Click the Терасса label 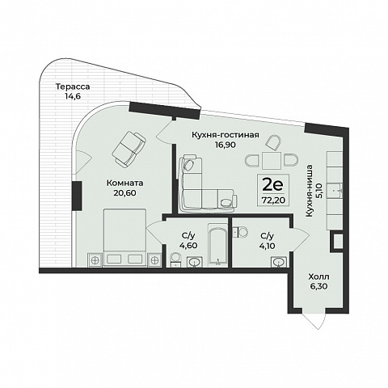click(x=73, y=86)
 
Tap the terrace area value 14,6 click(x=73, y=96)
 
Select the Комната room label click(x=125, y=183)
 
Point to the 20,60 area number click(x=125, y=193)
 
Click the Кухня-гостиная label click(x=226, y=135)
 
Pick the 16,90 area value click(x=226, y=145)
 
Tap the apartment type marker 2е click(x=273, y=185)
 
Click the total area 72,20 click(x=273, y=200)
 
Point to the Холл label click(x=318, y=276)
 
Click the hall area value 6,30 click(x=318, y=286)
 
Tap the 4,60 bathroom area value click(x=188, y=246)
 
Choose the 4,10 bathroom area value click(x=267, y=246)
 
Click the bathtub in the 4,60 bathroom click(x=217, y=245)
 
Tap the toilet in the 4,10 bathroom click(x=240, y=232)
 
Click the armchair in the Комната click(x=129, y=149)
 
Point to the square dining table click(x=272, y=160)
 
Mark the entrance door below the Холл click(x=314, y=321)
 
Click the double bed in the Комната click(x=124, y=238)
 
